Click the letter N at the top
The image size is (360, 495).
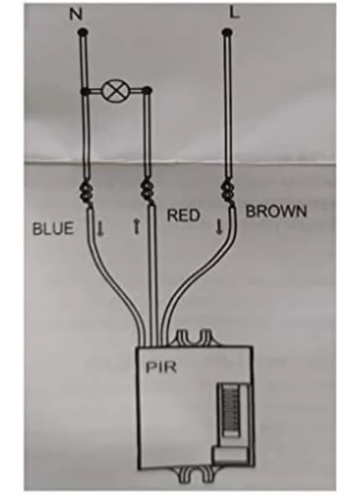[76, 14]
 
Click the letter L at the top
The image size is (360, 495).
[234, 13]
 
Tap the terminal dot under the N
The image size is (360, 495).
[82, 32]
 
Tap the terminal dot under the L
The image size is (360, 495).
[227, 32]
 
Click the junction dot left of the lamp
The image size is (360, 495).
[85, 91]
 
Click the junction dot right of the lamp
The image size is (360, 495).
[147, 91]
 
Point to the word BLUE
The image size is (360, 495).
[53, 228]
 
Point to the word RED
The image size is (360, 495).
[184, 215]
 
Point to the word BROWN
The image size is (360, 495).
[276, 211]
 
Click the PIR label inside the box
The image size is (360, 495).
[161, 367]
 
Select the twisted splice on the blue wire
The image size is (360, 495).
[87, 193]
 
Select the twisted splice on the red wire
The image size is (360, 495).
[147, 191]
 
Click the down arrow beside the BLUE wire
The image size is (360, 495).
[101, 228]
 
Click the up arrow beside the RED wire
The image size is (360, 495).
[136, 227]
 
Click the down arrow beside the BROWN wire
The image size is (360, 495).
[219, 227]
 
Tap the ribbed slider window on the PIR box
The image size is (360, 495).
[231, 411]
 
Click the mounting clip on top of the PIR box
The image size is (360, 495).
[194, 337]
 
